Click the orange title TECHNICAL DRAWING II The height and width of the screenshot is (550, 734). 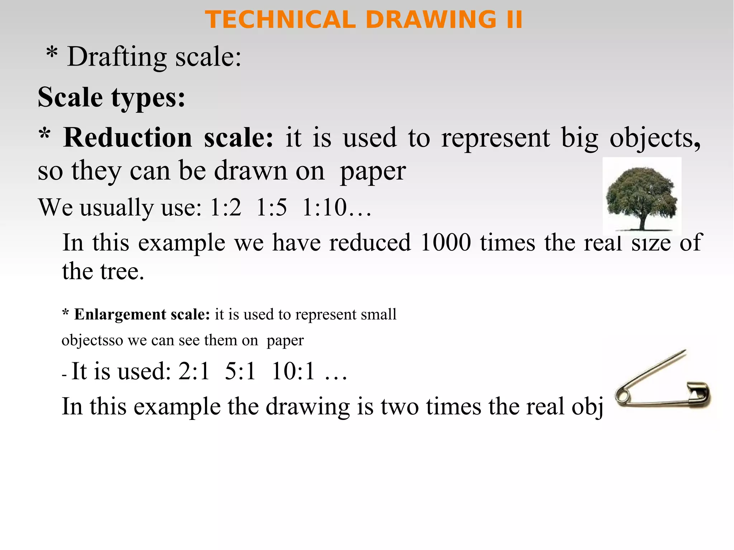click(363, 20)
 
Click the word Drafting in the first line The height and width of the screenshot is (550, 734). click(117, 57)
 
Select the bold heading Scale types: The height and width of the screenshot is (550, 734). click(111, 97)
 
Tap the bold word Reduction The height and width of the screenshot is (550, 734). click(128, 138)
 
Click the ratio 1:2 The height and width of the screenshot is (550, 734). click(226, 207)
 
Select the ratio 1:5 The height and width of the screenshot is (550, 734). click(272, 207)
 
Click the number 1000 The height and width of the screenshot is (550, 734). click(445, 243)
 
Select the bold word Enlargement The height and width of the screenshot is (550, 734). click(120, 314)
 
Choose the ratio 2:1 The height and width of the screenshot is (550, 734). click(194, 371)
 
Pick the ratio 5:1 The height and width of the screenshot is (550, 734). click(240, 371)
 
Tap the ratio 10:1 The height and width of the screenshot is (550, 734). click(293, 371)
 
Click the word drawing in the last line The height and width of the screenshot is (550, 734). click(308, 407)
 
